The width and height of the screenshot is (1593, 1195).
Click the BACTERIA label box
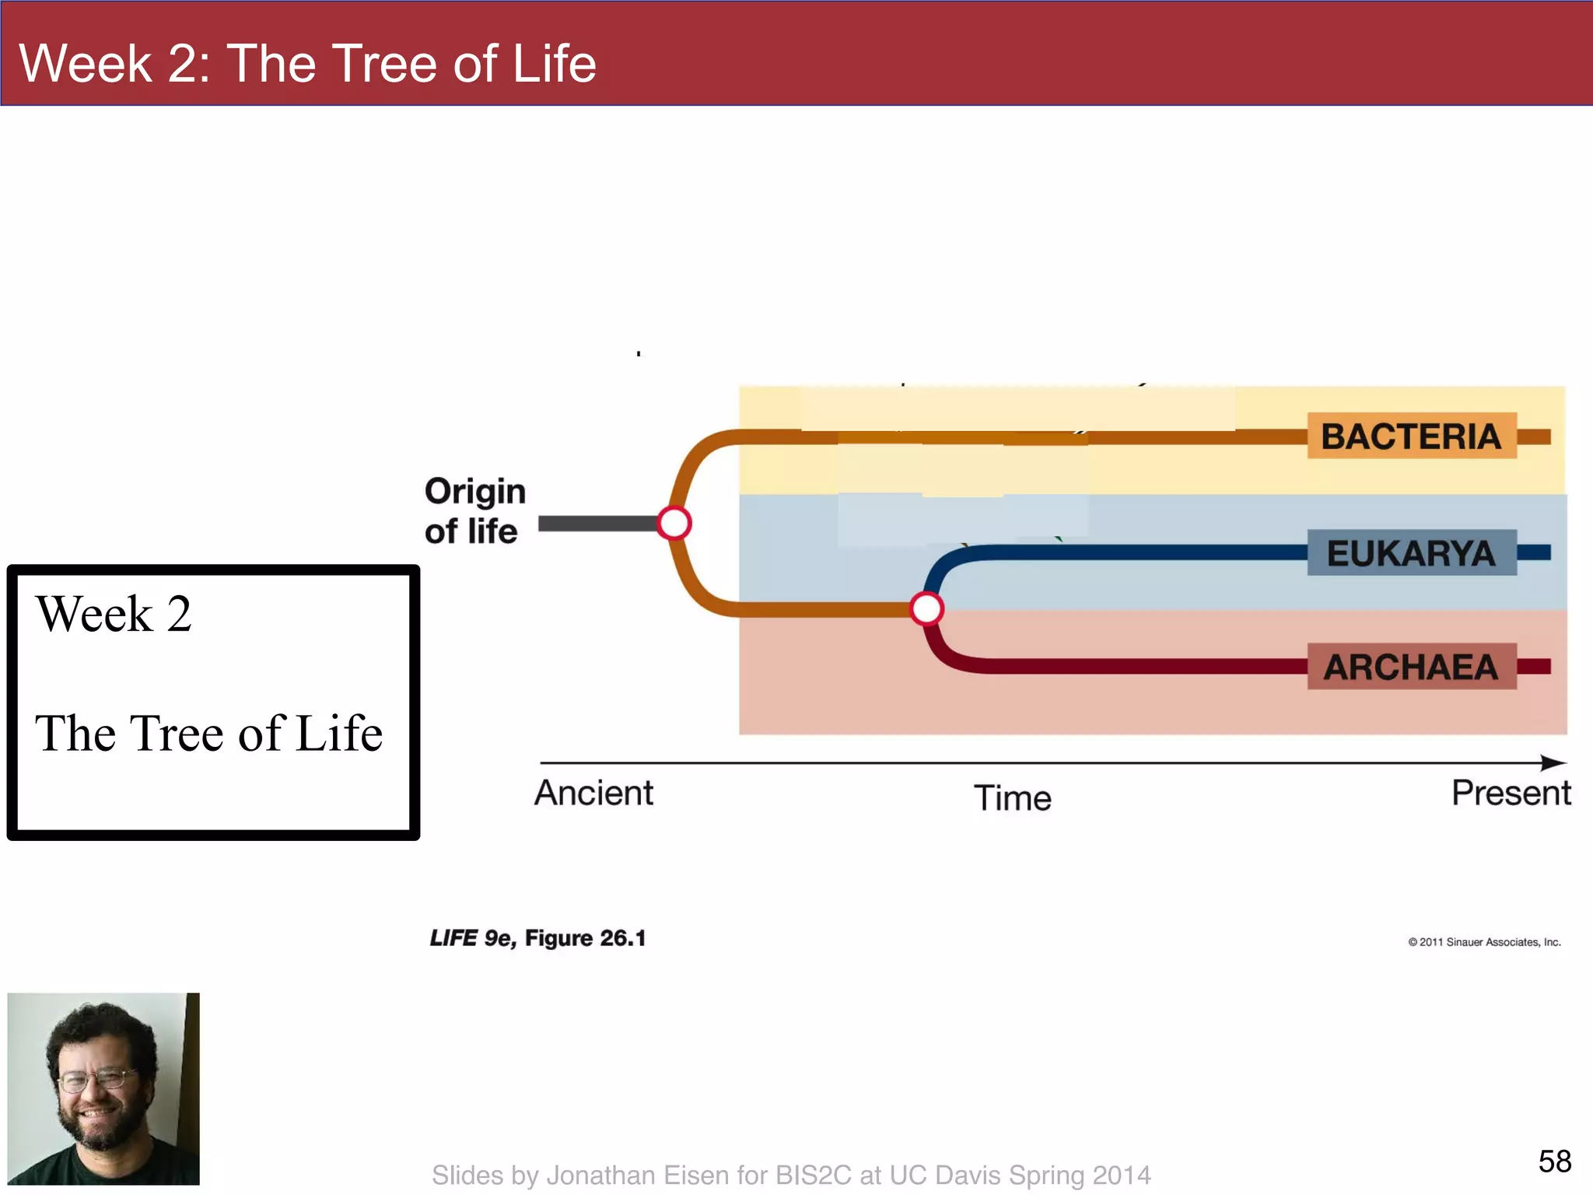pyautogui.click(x=1411, y=436)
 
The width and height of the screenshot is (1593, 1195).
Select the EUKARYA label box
pyautogui.click(x=1411, y=552)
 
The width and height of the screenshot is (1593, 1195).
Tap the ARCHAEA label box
pyautogui.click(x=1411, y=666)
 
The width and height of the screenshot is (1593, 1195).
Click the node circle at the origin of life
pyautogui.click(x=674, y=523)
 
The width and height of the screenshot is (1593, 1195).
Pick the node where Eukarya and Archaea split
pyautogui.click(x=926, y=608)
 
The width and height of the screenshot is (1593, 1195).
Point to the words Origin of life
pyautogui.click(x=474, y=511)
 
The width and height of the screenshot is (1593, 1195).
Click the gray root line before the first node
pyautogui.click(x=597, y=524)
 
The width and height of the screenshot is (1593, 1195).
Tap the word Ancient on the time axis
pyautogui.click(x=593, y=793)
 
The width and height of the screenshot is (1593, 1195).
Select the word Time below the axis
pyautogui.click(x=1012, y=798)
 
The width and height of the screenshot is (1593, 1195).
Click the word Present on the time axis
pyautogui.click(x=1511, y=793)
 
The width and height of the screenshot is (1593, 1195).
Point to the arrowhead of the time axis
pyautogui.click(x=1554, y=762)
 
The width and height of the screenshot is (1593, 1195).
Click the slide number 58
pyautogui.click(x=1554, y=1162)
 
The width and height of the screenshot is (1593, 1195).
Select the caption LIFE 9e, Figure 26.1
pyautogui.click(x=537, y=938)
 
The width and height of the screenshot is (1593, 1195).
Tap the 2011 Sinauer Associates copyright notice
pyautogui.click(x=1484, y=942)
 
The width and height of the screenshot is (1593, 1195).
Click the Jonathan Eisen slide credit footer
pyautogui.click(x=791, y=1175)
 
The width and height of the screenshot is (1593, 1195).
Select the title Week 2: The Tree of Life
pyautogui.click(x=307, y=62)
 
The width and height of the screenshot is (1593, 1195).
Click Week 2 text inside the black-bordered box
pyautogui.click(x=114, y=614)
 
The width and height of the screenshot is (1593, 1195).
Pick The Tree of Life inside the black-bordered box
pyautogui.click(x=208, y=733)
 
